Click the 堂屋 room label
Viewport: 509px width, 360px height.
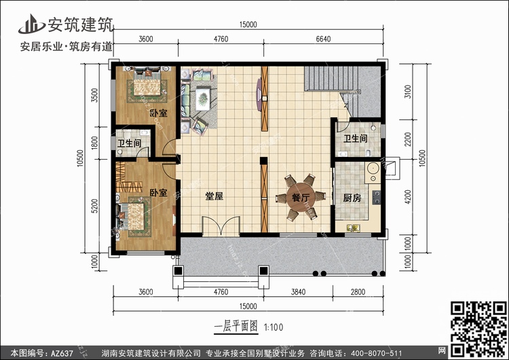214,196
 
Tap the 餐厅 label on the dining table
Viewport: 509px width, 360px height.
301,198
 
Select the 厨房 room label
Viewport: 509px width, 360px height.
352,198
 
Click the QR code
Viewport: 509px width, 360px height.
478,329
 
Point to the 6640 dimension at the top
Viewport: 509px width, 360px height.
323,39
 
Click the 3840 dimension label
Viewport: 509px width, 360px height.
298,292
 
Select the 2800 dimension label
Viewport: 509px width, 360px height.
358,292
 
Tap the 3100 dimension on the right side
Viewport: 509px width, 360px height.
408,91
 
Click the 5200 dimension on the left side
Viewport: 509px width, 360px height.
94,206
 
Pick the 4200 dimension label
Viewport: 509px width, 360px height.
408,196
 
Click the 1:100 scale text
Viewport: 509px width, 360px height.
274,327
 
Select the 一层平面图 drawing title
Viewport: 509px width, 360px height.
236,327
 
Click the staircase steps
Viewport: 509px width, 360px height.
331,78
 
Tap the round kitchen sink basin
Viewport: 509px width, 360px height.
373,168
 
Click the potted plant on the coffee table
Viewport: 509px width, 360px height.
203,98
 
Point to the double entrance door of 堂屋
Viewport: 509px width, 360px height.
221,226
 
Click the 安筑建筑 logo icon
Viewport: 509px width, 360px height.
31,24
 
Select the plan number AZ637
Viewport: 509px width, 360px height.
62,353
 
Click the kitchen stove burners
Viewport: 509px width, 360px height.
377,198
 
